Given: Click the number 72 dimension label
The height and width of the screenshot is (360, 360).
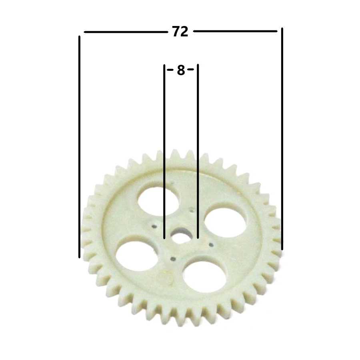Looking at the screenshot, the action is tap(180, 32).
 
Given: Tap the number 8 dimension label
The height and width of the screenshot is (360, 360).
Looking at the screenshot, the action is tap(181, 70).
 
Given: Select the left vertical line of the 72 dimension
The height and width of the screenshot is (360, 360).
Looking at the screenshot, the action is tap(80, 147).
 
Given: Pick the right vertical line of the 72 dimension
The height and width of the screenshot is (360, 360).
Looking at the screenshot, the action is tap(282, 139).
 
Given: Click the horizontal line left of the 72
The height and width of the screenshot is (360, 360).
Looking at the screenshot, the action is tap(126, 32).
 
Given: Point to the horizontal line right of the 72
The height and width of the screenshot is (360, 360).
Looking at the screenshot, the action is tap(235, 31).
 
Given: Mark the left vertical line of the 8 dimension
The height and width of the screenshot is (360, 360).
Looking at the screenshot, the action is tap(164, 152).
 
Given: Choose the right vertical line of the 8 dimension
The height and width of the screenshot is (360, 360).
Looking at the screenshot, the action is tap(198, 151).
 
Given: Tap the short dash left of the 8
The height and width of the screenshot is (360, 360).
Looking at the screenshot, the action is tap(170, 70).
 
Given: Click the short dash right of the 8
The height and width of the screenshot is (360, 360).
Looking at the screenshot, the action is tap(191, 69).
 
